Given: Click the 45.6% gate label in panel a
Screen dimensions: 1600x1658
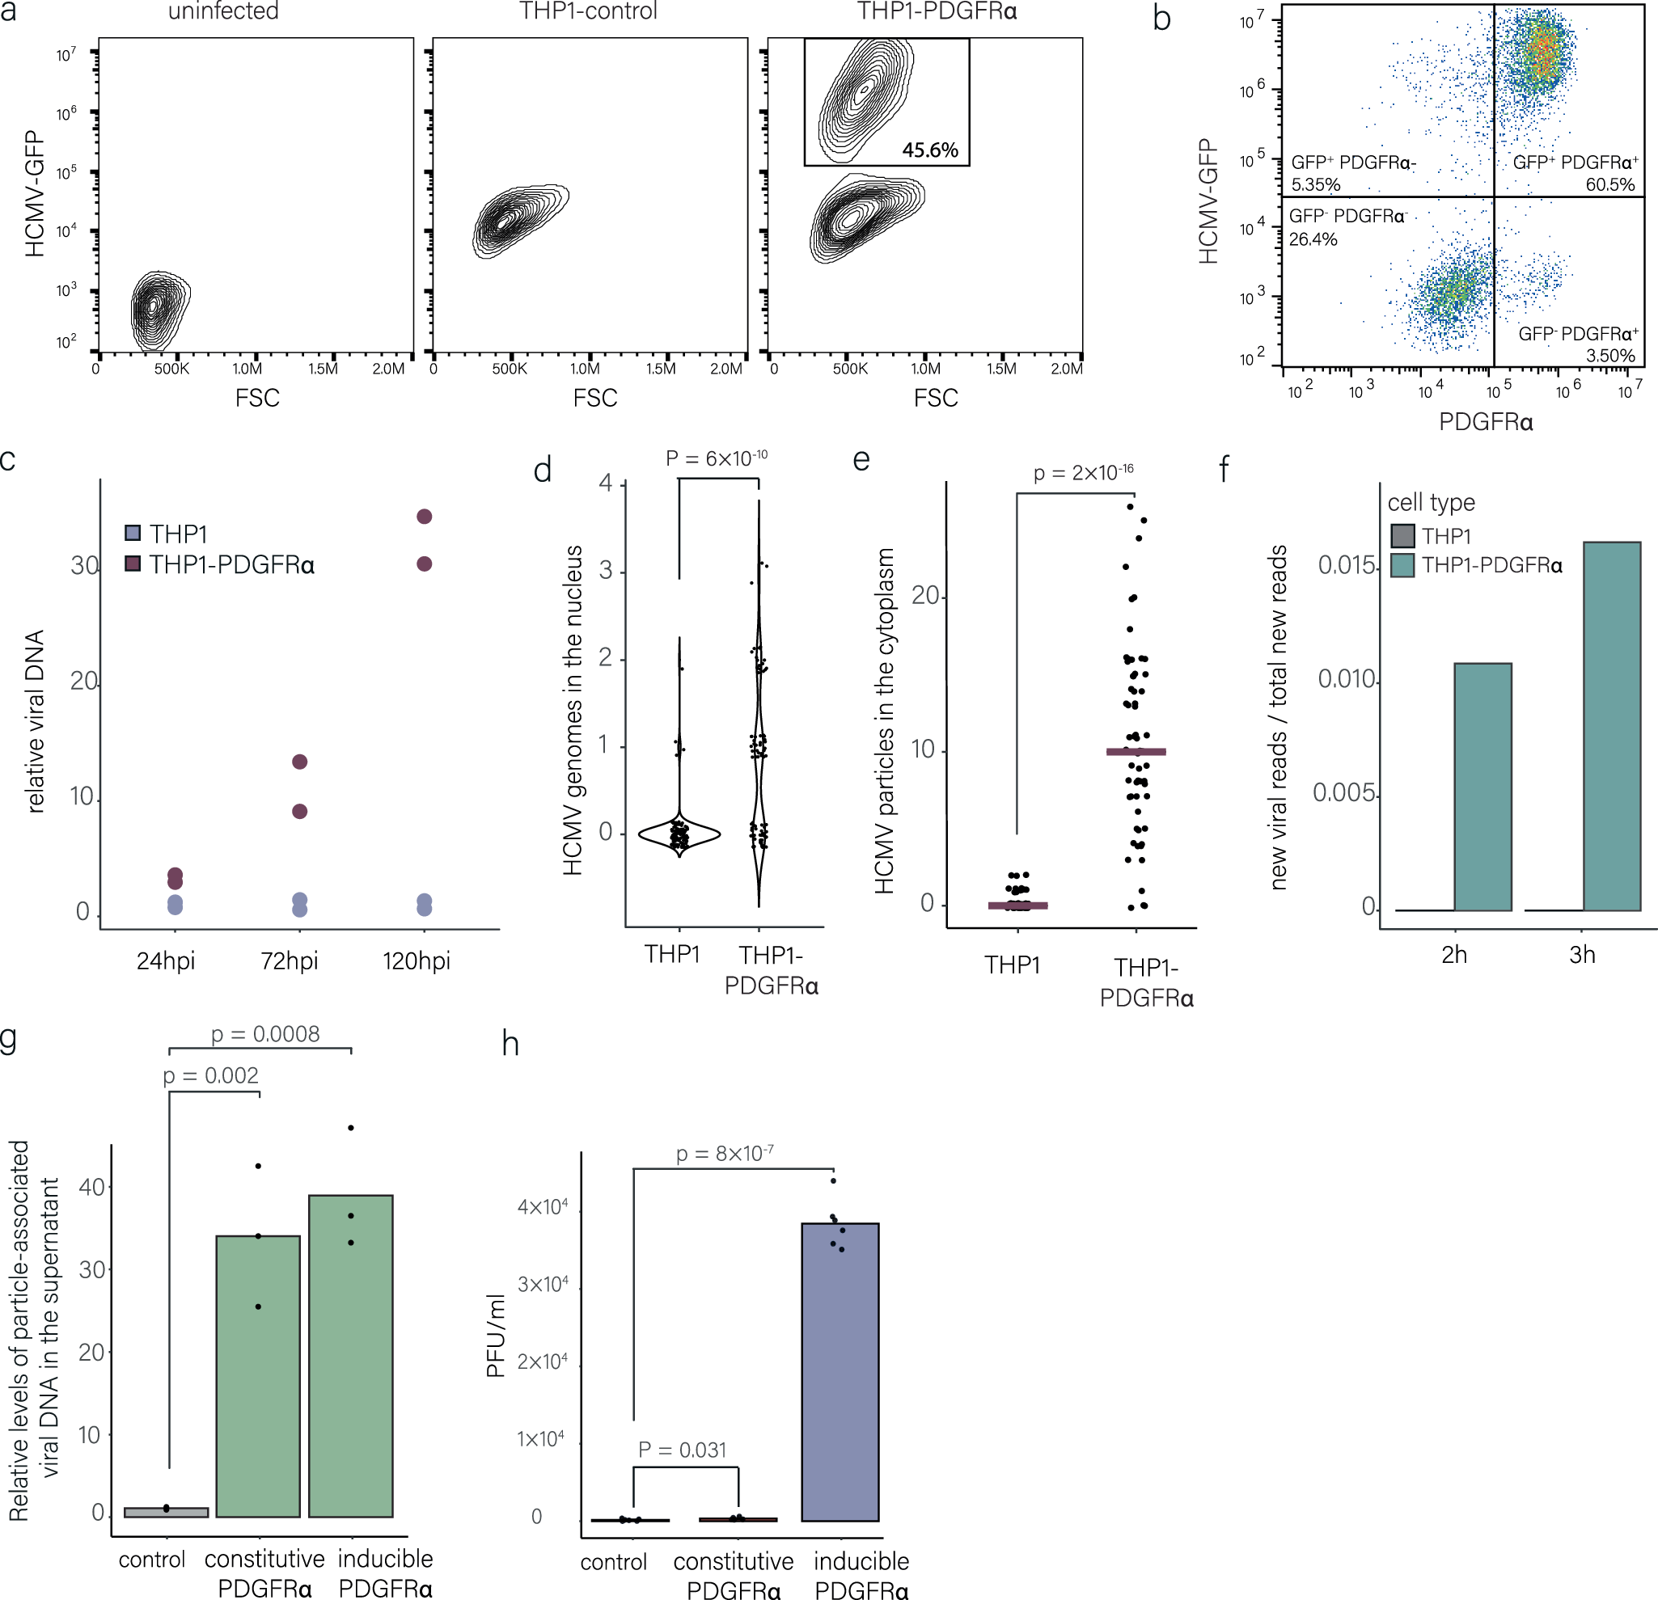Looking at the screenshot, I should click(x=928, y=150).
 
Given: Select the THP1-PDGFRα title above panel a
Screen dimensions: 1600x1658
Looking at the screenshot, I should click(x=937, y=11).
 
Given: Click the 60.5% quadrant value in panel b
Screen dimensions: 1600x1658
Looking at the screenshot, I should click(x=1609, y=184).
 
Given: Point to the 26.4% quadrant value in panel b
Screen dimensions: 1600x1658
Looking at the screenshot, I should click(x=1313, y=239).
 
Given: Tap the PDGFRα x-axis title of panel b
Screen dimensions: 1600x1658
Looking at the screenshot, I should click(x=1486, y=421).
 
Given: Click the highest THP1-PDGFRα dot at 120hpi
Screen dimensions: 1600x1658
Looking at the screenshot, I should click(x=425, y=517).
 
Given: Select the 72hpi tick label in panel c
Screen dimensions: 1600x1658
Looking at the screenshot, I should click(x=290, y=960).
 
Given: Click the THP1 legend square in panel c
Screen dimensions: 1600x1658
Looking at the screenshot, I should click(x=133, y=533).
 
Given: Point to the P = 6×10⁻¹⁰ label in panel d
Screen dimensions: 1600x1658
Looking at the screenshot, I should click(x=716, y=458).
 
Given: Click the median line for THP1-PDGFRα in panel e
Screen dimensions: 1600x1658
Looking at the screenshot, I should click(x=1136, y=752).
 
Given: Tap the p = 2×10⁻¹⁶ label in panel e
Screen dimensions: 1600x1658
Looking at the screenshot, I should click(x=1083, y=473).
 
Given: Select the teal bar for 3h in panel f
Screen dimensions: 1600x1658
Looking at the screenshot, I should click(x=1611, y=728).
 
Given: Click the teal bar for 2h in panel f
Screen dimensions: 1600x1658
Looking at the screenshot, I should click(x=1482, y=787).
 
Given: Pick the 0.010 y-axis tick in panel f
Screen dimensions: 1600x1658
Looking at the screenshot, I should click(x=1346, y=679).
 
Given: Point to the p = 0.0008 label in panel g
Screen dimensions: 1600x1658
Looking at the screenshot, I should click(x=264, y=1034).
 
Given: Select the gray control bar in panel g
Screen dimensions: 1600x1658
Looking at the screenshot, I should click(x=166, y=1512).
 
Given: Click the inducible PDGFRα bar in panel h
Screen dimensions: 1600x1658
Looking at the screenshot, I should click(x=840, y=1372).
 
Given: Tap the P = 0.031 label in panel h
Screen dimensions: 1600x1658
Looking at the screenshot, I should click(x=682, y=1450).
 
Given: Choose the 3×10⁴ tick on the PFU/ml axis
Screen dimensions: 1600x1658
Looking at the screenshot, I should click(x=542, y=1285).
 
